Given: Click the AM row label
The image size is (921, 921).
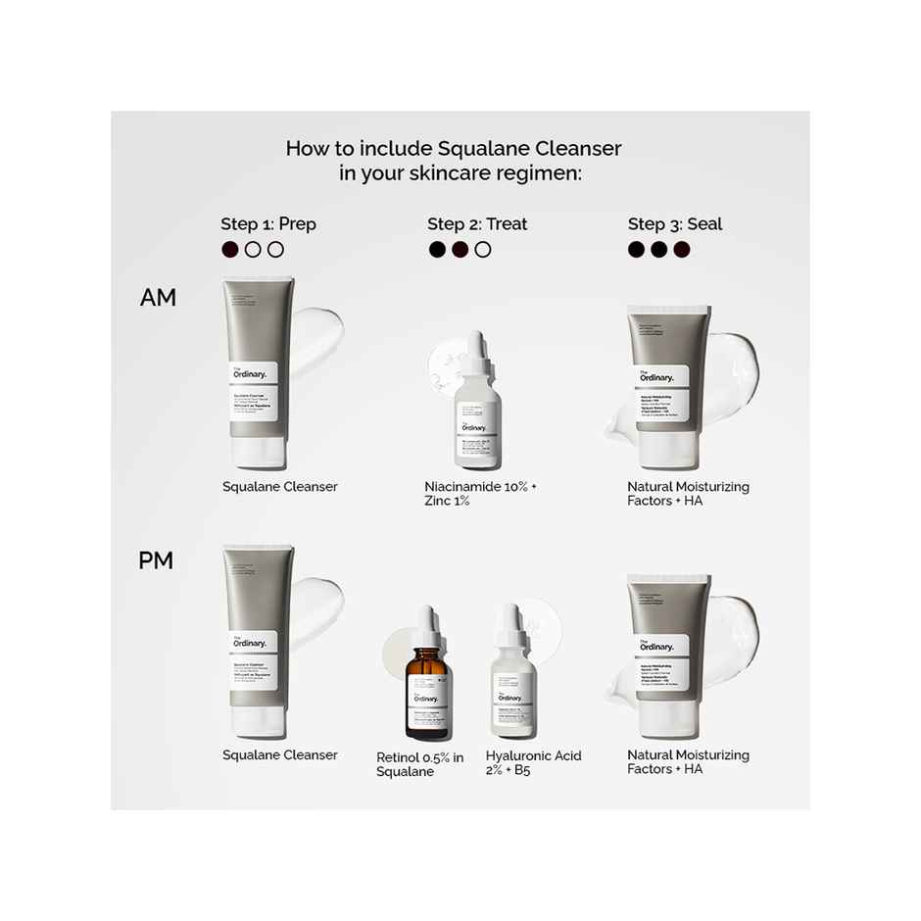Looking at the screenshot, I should [x=158, y=298].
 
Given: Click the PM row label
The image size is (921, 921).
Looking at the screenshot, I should [x=156, y=560].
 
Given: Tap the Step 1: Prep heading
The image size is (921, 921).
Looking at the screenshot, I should [x=268, y=224].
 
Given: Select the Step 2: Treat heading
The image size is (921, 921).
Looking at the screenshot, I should [x=477, y=224].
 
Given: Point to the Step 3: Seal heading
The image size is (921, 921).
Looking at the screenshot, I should [x=675, y=224].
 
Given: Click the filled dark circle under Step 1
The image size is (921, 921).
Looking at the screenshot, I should [x=230, y=250].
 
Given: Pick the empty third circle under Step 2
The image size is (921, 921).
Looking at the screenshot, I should [x=483, y=250].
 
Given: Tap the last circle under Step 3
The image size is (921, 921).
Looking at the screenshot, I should [x=682, y=250].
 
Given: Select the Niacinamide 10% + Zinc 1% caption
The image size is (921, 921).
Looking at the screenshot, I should [x=481, y=494].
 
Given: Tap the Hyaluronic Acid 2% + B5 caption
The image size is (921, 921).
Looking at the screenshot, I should [x=533, y=763].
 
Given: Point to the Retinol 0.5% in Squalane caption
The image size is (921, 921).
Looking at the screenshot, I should [x=419, y=764].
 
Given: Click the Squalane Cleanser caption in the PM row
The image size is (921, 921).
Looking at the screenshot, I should [x=280, y=755].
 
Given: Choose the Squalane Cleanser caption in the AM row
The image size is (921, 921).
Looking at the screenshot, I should [x=280, y=487].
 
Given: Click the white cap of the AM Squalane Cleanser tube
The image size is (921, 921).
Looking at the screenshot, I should [x=259, y=452].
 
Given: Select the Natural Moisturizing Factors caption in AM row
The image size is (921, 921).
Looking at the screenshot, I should [x=688, y=494].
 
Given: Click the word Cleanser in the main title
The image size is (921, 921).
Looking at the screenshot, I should [x=578, y=149].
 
